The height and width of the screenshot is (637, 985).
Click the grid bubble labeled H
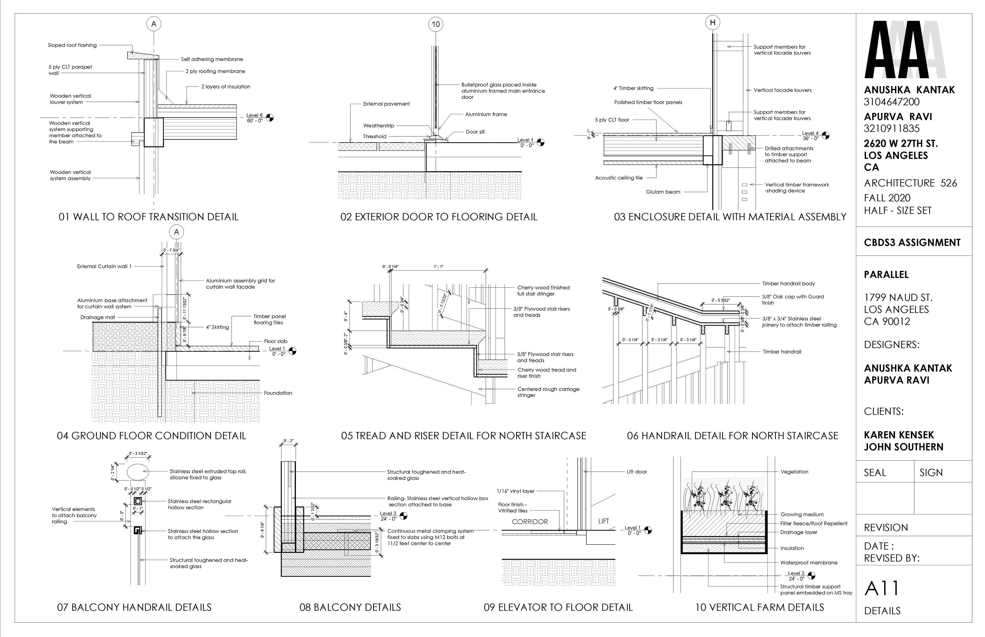coord(712,23)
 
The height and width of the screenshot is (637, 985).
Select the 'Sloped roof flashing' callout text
coord(72,45)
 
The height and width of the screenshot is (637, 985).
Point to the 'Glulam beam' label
coord(663,192)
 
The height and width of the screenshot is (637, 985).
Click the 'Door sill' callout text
coord(475,132)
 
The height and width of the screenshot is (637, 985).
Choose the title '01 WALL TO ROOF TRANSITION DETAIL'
coord(149,217)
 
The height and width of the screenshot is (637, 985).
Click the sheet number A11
coord(882,589)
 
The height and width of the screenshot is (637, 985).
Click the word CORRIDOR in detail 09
coord(530,522)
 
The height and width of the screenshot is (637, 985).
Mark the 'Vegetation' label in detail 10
coord(794,472)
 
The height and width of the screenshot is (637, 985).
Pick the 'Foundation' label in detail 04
coord(278,393)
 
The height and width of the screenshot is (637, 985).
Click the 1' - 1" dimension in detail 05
coord(438,267)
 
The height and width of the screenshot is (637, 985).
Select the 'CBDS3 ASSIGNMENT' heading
coord(912,243)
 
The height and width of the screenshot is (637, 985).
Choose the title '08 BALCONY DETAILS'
coord(350,607)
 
